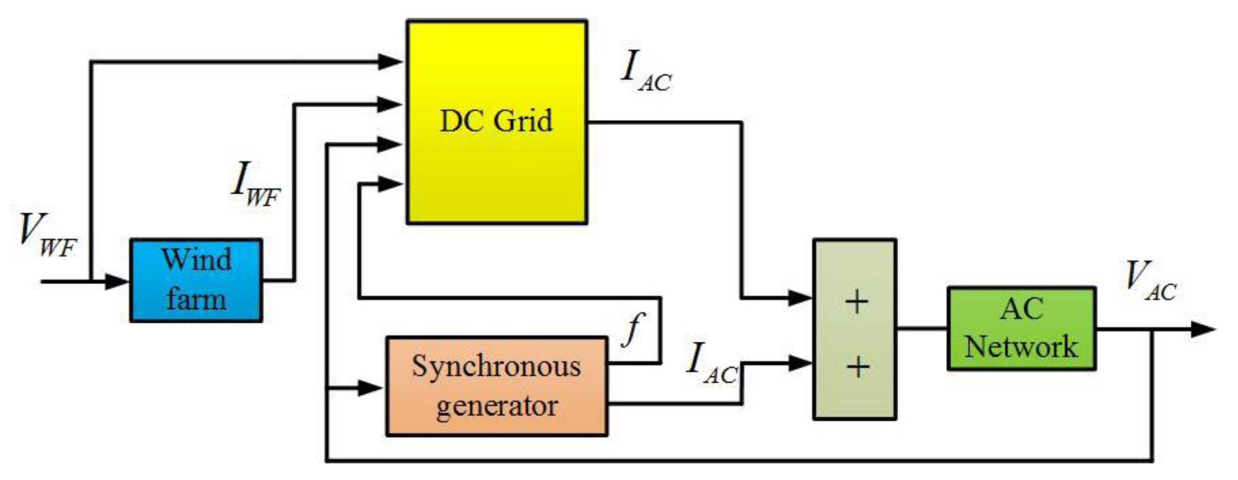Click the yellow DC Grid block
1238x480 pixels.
496,122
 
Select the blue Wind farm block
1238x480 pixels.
196,280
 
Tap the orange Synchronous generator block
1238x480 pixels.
496,386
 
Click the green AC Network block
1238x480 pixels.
1021,328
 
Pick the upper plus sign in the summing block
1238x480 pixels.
856,302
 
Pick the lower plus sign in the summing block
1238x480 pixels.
858,367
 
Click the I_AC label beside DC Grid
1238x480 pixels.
645,72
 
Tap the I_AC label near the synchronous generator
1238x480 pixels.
711,364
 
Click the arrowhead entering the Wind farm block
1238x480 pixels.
117,282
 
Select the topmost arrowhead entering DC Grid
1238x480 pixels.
390,61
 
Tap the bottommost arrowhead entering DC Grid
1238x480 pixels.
390,183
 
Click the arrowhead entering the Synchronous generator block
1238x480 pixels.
371,388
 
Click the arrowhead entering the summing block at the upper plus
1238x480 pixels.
800,298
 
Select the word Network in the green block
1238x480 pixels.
1021,346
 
